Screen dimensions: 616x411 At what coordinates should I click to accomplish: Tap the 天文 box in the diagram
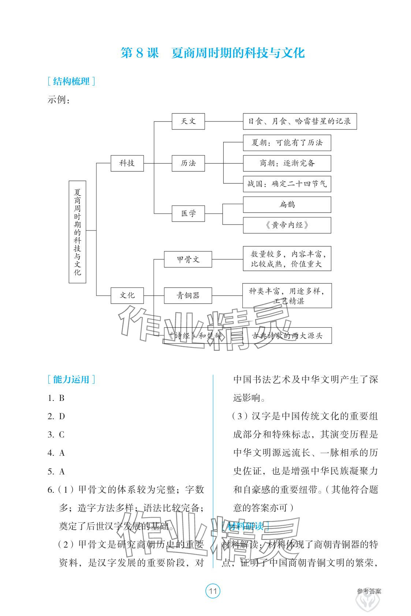coord(188,121)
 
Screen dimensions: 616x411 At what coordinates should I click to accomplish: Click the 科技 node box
coord(127,163)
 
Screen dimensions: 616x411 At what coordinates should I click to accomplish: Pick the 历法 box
coord(188,163)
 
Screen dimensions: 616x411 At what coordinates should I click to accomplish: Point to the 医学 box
coord(188,213)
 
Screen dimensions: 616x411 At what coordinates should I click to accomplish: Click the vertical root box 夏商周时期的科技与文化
coord(77,232)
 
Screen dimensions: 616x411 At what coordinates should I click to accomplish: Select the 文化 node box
coord(127,295)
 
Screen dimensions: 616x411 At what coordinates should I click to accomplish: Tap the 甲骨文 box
coord(188,259)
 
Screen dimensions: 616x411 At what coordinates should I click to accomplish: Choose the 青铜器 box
coord(188,295)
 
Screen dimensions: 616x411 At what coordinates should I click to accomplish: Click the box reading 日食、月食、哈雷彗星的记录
coord(299,121)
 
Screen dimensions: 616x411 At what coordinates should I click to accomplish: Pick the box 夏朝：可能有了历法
coord(287,143)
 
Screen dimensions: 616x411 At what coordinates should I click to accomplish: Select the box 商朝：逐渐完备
coord(287,163)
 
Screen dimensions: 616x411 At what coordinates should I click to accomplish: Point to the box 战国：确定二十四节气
coord(287,184)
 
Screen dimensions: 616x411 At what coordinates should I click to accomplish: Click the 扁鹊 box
coord(287,204)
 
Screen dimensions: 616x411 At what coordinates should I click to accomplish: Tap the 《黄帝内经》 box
coord(287,225)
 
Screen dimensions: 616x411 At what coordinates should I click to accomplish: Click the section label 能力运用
coord(71,379)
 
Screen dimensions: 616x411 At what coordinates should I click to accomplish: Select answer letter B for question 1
coord(61,398)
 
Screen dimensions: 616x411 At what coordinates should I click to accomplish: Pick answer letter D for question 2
coord(61,416)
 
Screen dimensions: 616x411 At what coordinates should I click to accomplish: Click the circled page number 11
coord(213,591)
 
